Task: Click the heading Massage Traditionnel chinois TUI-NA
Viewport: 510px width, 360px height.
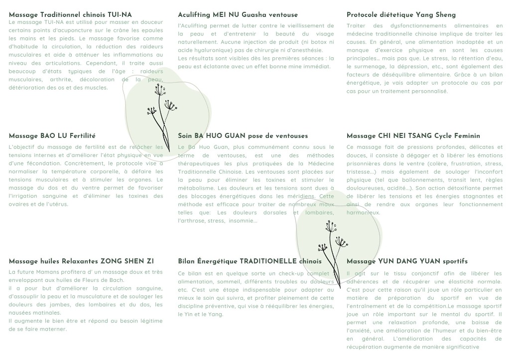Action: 70,15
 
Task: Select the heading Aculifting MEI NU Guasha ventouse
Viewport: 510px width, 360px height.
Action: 238,15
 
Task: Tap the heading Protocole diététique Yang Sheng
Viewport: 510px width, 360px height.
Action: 401,15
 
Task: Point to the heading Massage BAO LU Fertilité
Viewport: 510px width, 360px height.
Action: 52,135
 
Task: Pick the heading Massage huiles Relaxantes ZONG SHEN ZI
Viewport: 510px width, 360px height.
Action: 81,261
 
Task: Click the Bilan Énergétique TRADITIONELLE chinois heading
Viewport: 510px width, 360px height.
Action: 250,261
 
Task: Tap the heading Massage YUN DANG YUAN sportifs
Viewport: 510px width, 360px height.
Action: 407,261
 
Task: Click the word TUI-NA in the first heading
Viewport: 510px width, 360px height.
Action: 120,15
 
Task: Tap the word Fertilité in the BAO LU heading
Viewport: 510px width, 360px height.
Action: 83,135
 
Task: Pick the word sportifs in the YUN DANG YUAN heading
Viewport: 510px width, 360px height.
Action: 455,261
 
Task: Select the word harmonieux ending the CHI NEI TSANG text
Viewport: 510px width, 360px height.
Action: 364,213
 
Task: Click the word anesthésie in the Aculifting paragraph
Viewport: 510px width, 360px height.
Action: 306,50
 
